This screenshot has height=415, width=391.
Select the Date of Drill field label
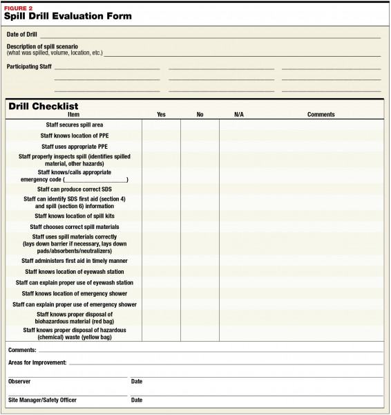tap(22, 34)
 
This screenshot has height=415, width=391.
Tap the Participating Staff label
tap(29, 66)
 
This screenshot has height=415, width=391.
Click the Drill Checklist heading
tap(43, 107)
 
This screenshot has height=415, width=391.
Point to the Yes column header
tap(161, 115)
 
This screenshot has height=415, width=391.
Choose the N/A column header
tap(239, 115)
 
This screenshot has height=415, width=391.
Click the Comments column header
tap(321, 115)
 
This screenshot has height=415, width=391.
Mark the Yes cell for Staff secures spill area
tap(161, 125)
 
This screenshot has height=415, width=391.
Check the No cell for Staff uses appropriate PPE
tap(200, 147)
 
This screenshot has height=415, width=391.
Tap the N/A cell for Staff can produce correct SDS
tap(239, 189)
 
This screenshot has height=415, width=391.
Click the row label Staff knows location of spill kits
tap(74, 216)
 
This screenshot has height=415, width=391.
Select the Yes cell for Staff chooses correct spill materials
tap(161, 227)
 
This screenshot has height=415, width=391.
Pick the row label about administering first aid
tap(74, 261)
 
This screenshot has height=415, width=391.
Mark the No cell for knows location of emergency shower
tap(200, 293)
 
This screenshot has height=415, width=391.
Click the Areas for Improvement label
tap(37, 362)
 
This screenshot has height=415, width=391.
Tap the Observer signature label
tap(19, 381)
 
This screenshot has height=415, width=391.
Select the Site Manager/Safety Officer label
tap(42, 400)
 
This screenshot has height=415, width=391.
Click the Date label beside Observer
tap(137, 381)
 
